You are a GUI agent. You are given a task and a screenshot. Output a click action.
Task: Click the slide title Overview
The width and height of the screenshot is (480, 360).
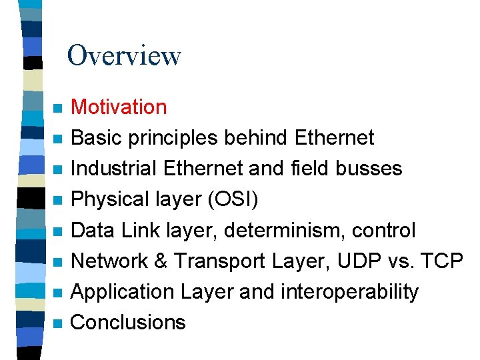[124, 55]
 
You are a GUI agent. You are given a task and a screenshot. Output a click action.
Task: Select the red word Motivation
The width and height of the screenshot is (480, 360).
[119, 107]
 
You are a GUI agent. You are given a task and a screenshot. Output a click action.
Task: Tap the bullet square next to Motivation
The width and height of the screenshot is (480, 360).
[58, 108]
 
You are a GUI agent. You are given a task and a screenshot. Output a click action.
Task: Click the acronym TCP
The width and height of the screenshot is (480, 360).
[444, 261]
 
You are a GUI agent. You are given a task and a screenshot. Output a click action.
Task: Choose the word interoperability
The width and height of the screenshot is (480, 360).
[351, 291]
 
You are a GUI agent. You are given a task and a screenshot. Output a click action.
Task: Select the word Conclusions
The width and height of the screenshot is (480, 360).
[128, 322]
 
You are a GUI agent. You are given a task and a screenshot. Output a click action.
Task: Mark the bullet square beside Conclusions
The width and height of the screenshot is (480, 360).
[58, 323]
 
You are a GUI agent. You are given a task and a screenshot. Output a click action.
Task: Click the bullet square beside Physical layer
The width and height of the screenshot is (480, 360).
[58, 200]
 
